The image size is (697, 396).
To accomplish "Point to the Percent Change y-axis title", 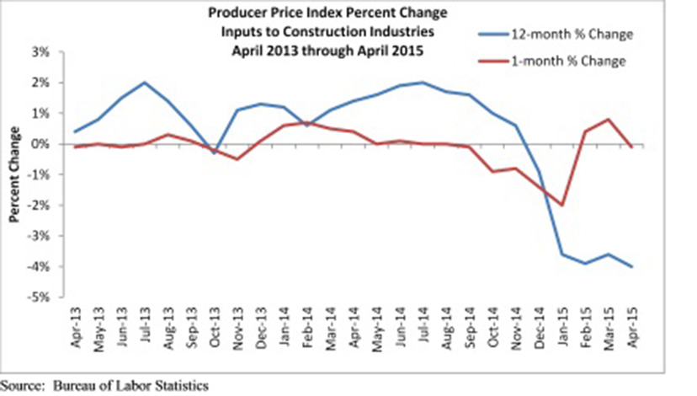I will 14,174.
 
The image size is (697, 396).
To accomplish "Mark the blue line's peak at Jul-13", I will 144,83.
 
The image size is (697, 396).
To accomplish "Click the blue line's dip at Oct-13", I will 214,153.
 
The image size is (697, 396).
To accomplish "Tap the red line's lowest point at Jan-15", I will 561,205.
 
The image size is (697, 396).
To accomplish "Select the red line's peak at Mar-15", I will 608,120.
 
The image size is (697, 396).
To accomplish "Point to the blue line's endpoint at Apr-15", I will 630,266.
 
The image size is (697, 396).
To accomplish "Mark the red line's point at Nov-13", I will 237,159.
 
